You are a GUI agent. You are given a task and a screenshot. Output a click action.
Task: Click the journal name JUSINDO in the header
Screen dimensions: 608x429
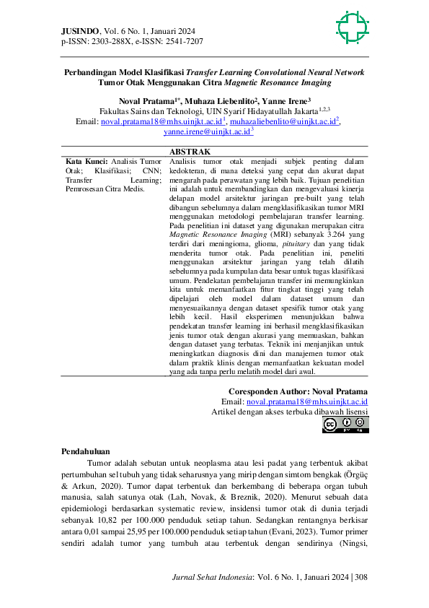80,31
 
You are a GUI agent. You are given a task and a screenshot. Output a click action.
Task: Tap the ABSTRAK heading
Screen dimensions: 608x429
189,152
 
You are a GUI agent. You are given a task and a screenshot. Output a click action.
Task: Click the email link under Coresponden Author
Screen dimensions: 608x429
307,401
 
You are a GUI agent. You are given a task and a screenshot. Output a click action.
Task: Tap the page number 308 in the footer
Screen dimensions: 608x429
361,577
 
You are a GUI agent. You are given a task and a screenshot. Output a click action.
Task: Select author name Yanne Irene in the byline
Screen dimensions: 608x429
288,101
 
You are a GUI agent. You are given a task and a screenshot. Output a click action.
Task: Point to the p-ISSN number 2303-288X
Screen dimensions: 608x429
104,41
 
